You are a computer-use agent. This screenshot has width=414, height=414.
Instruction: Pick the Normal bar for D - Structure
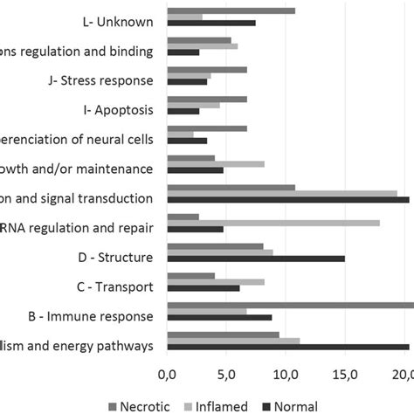click(255, 259)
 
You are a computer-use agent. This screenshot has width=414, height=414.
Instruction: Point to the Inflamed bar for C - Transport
click(215, 282)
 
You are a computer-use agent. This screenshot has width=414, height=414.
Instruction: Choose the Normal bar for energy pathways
click(287, 347)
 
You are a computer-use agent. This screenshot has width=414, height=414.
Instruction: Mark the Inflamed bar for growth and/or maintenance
click(215, 163)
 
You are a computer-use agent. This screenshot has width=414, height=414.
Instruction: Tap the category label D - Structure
click(115, 257)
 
